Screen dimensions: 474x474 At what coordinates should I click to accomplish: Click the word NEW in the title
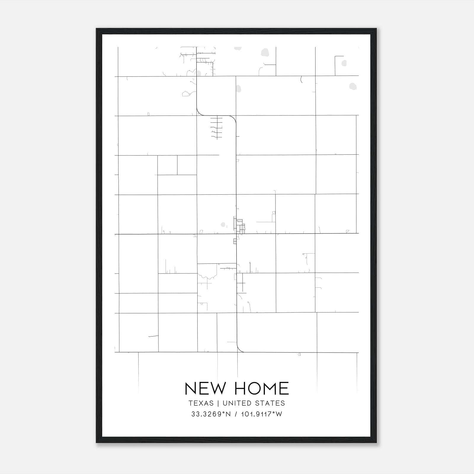tap(205, 388)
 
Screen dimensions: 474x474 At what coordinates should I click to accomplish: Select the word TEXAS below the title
tap(201, 403)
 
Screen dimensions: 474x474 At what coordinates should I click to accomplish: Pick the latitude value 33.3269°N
tap(211, 414)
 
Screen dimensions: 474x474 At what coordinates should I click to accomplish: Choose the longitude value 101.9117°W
tap(262, 414)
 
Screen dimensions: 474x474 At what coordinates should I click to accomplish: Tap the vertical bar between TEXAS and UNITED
tap(218, 403)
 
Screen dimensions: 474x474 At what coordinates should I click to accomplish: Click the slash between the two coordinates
tap(236, 414)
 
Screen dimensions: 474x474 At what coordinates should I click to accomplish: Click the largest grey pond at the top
tap(265, 53)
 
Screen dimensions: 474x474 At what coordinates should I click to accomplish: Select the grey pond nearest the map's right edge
tap(353, 86)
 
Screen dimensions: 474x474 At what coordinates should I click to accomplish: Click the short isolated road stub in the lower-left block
tap(153, 336)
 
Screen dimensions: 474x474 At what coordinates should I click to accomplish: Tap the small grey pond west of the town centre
tap(223, 225)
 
